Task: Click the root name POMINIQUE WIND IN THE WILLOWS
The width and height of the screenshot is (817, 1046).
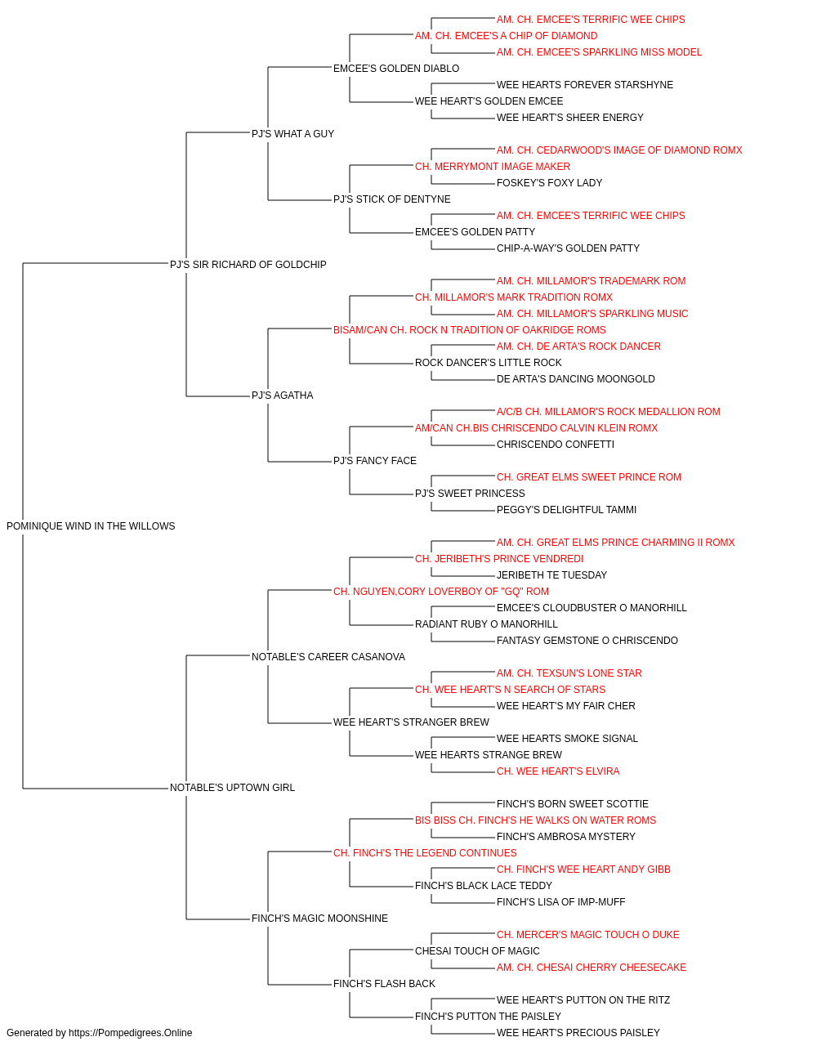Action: tap(91, 526)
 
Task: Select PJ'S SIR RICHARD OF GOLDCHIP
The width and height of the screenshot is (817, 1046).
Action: tap(248, 265)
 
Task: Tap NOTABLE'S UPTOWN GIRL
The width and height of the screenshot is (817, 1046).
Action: tap(232, 788)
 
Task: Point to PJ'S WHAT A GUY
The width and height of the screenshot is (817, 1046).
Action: tap(292, 134)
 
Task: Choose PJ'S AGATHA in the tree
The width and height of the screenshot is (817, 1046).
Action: tap(282, 396)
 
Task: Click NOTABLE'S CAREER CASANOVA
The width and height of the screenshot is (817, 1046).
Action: tap(328, 657)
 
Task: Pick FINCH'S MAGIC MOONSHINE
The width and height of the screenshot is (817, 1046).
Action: tap(319, 919)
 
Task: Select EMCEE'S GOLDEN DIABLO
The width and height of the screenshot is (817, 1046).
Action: tap(396, 69)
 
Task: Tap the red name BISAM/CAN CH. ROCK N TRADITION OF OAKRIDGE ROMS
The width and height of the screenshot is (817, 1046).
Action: tap(469, 330)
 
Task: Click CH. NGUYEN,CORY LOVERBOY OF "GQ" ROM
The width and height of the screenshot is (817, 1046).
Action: tap(440, 592)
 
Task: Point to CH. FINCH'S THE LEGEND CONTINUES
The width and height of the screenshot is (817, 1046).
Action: tap(425, 853)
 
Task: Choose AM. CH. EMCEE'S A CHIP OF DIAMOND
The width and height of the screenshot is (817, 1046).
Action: tap(507, 36)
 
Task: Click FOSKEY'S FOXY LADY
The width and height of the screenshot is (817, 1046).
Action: tap(549, 183)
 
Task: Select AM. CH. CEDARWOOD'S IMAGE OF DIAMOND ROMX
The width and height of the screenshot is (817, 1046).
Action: tap(619, 150)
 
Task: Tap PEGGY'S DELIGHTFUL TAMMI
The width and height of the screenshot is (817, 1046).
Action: tap(566, 510)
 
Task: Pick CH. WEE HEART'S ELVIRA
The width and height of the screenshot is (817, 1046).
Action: tap(558, 771)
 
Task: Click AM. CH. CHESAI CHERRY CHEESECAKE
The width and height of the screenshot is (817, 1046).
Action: tap(592, 968)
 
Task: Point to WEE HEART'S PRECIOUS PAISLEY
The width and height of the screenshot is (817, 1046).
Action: tap(578, 1033)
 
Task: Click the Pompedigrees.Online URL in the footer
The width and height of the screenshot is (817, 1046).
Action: tap(131, 1033)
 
